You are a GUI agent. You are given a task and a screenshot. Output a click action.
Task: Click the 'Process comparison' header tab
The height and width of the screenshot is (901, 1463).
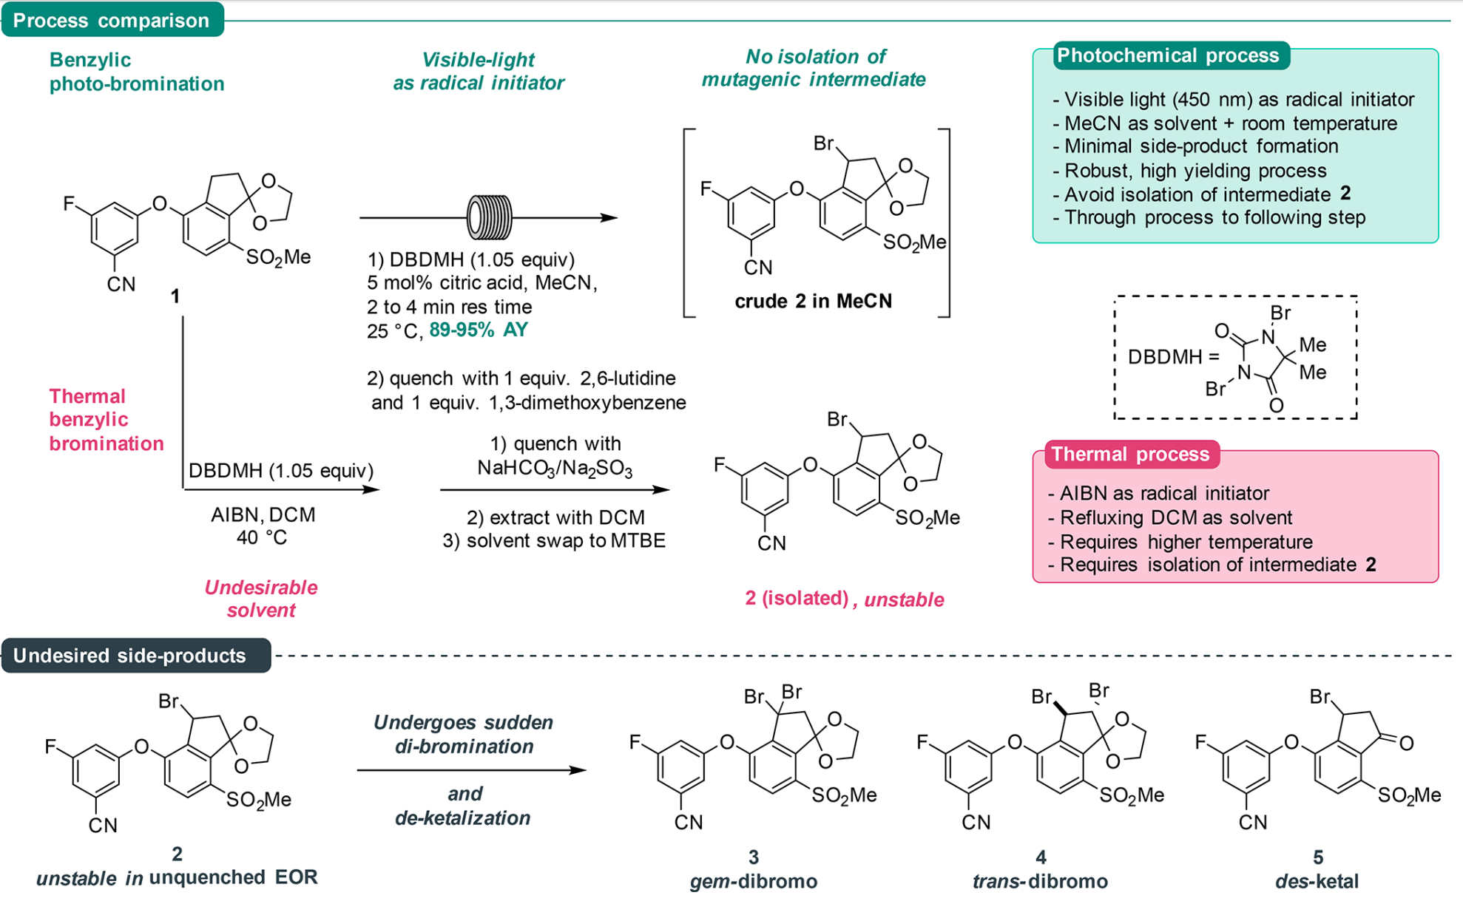111,20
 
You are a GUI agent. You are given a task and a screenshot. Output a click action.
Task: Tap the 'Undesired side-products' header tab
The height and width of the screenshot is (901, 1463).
130,656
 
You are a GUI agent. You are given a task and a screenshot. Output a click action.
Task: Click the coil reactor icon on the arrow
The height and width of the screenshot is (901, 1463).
489,217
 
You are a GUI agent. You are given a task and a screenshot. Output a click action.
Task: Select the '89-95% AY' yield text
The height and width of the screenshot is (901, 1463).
479,330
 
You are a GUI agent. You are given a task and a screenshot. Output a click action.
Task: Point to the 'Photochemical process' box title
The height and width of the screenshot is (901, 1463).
1168,55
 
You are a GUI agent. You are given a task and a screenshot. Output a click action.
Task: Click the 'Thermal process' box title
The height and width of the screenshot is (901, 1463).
1130,454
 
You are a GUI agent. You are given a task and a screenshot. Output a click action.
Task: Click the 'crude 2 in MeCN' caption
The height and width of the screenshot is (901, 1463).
813,301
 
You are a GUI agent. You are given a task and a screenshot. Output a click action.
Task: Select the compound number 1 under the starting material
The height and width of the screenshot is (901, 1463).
175,296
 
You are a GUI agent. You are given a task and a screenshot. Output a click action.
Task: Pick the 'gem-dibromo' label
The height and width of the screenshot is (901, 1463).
753,881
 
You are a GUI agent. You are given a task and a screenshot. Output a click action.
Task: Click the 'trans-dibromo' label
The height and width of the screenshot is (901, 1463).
1040,881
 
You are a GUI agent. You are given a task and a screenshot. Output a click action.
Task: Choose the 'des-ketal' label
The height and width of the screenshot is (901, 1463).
1317,881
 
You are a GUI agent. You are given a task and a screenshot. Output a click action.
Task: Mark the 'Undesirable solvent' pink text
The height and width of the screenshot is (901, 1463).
261,599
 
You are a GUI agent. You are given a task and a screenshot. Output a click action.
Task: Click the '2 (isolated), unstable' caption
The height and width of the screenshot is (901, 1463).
844,599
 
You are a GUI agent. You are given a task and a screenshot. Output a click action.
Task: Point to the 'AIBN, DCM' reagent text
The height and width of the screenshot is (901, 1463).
263,514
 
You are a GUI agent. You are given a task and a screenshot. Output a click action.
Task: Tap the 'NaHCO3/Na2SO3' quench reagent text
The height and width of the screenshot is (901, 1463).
555,469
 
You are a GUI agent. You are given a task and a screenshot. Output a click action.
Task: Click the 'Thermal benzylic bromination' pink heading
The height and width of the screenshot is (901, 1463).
107,419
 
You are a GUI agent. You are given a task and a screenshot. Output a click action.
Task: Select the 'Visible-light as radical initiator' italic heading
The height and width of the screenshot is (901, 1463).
479,71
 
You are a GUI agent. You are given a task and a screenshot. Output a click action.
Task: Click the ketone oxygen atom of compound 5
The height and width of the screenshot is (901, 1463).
1407,744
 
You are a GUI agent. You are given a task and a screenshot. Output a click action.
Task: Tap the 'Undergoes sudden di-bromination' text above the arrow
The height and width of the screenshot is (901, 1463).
464,734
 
